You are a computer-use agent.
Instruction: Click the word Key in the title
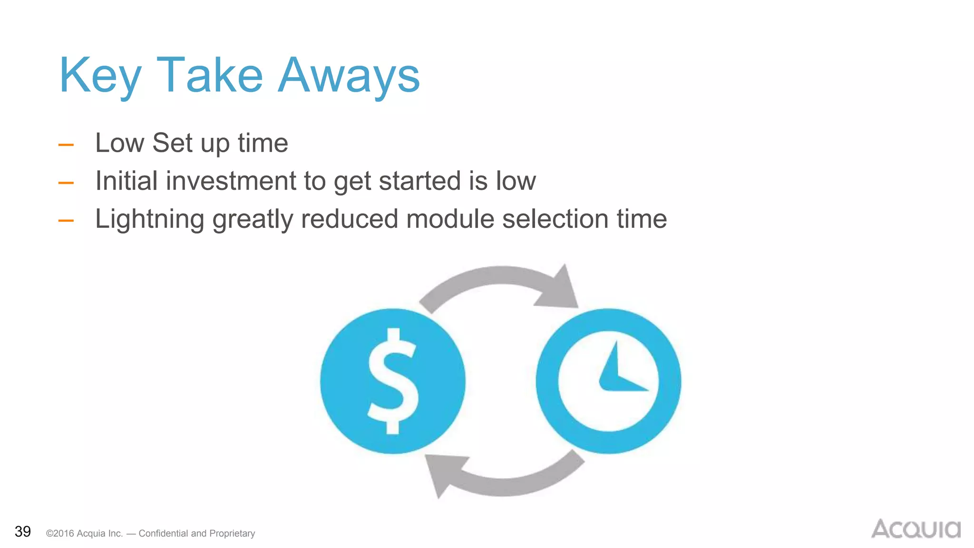tap(100, 76)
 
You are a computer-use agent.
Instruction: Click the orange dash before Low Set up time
tap(66, 145)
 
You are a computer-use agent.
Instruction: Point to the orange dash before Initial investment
tap(66, 183)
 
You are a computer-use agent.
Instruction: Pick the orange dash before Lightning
tap(66, 220)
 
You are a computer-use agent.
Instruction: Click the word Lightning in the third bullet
tap(149, 219)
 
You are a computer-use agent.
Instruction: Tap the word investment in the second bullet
tap(231, 181)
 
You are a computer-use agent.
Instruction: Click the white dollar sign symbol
tap(393, 381)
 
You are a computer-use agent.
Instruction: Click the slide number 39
tap(23, 531)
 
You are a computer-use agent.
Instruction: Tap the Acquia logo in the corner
tap(916, 529)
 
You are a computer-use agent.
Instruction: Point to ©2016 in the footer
tap(60, 534)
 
